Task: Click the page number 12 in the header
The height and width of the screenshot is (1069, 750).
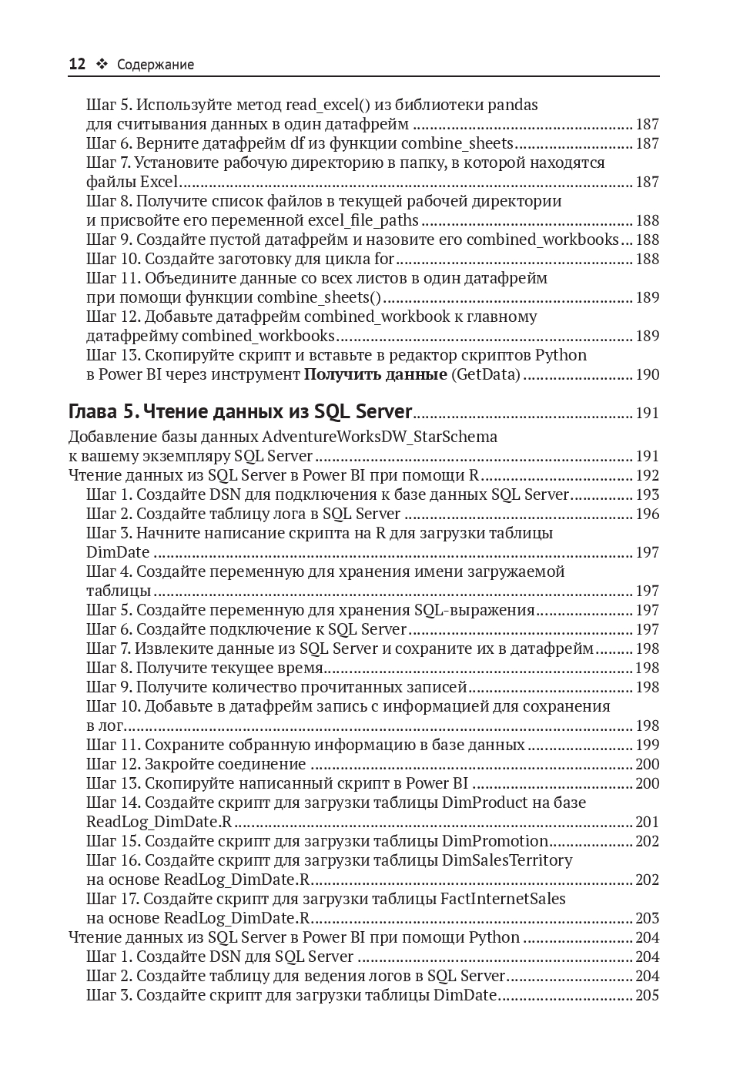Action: [x=77, y=65]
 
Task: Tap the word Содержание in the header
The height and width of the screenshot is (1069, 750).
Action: [x=156, y=65]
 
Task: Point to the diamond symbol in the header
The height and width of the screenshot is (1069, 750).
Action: [x=101, y=65]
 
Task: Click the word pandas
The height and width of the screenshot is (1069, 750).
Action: [x=513, y=105]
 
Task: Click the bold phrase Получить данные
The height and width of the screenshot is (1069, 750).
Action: [x=375, y=374]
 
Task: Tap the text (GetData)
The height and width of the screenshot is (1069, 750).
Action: [x=486, y=374]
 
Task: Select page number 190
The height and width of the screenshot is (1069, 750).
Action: [x=647, y=374]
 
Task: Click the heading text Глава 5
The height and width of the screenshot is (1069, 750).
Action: [x=104, y=412]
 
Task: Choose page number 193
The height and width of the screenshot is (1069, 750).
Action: [x=647, y=494]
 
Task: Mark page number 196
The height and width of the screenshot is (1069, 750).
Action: [x=647, y=514]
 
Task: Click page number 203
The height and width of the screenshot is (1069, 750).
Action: [x=647, y=918]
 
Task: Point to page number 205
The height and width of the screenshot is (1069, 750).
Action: [x=647, y=995]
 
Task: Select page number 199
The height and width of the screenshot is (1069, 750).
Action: [x=647, y=745]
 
